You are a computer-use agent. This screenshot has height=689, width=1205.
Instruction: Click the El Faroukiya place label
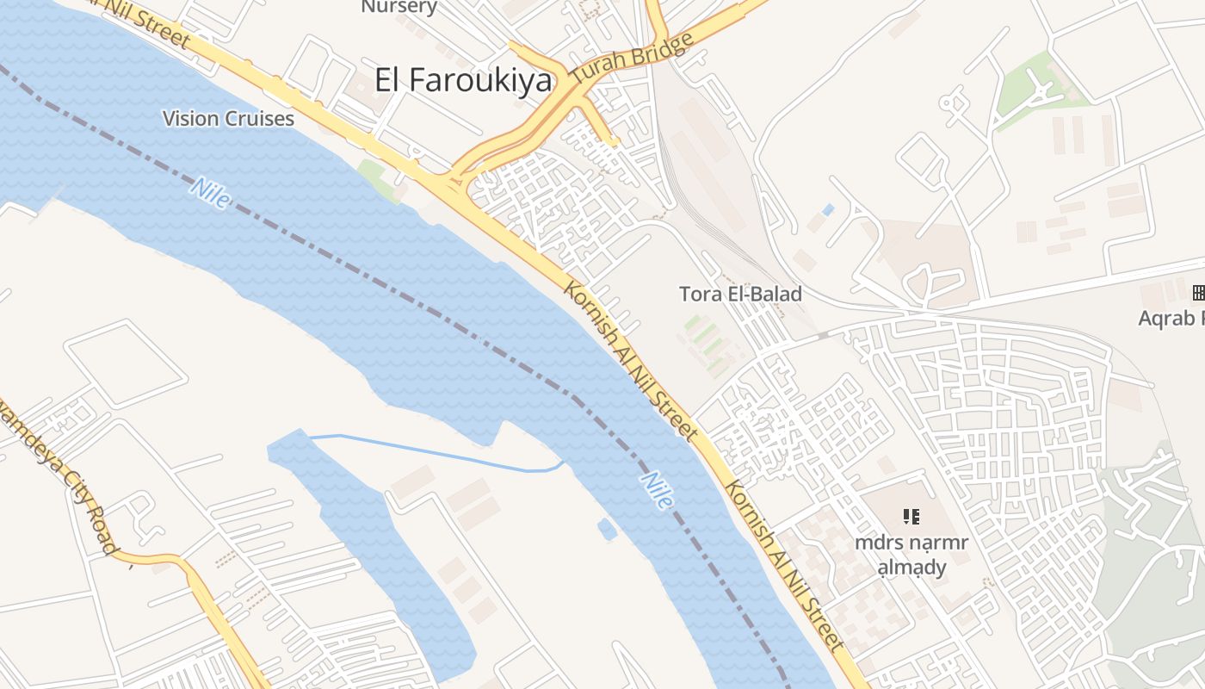pyautogui.click(x=463, y=80)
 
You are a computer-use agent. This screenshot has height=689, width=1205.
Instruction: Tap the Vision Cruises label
pyautogui.click(x=228, y=119)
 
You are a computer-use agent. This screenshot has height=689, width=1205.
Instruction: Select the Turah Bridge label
pyautogui.click(x=632, y=60)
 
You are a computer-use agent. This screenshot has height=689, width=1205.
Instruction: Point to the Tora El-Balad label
pyautogui.click(x=740, y=294)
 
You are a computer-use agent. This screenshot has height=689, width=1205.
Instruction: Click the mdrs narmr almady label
pyautogui.click(x=911, y=555)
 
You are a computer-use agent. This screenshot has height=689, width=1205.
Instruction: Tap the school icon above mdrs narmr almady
pyautogui.click(x=911, y=517)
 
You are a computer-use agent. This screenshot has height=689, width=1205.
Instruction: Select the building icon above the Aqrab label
pyautogui.click(x=1198, y=293)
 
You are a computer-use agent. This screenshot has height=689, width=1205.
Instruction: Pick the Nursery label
pyautogui.click(x=399, y=7)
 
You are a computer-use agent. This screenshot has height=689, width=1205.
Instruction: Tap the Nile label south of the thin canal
pyautogui.click(x=656, y=490)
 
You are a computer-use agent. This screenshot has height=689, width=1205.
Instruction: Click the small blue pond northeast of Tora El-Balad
pyautogui.click(x=828, y=209)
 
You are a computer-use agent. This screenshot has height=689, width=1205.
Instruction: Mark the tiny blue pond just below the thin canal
pyautogui.click(x=608, y=529)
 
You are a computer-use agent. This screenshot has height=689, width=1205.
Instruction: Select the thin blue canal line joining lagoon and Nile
pyautogui.click(x=430, y=453)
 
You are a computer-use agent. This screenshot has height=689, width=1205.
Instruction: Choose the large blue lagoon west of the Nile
pyautogui.click(x=379, y=551)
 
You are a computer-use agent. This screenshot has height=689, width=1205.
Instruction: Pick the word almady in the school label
pyautogui.click(x=911, y=567)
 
